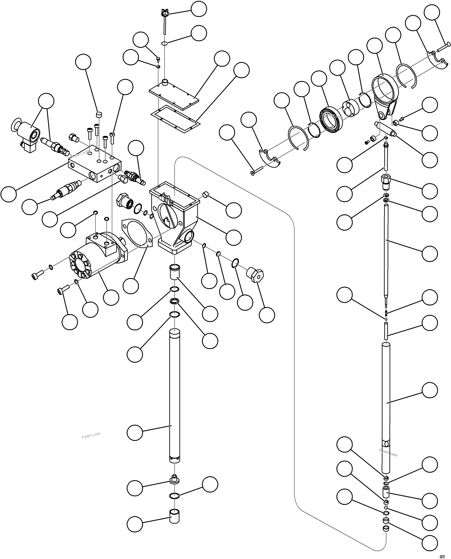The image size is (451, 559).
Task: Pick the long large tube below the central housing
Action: tap(175, 397)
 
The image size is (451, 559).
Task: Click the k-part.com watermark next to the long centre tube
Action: tap(91, 435)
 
